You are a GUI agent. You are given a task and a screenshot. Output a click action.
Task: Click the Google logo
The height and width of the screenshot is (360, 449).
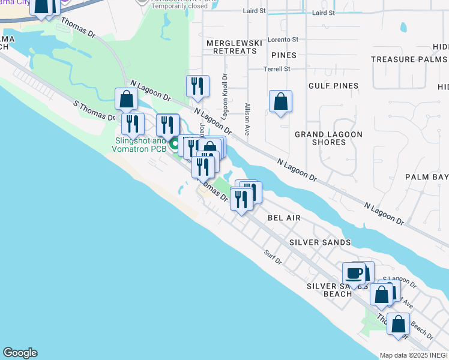[x=20, y=353]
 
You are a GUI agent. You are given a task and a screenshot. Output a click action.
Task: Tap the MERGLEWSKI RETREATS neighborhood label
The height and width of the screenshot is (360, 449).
[x=232, y=47]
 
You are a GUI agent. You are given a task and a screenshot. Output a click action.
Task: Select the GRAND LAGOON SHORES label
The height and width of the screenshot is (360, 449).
[x=329, y=138]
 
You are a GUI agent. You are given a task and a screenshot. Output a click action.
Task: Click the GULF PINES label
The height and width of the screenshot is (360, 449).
[x=333, y=86]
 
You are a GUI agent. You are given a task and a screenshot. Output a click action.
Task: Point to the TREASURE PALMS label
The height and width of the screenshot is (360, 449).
[x=409, y=59]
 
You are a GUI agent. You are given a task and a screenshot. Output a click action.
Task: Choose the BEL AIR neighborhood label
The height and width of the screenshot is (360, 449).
[x=283, y=218]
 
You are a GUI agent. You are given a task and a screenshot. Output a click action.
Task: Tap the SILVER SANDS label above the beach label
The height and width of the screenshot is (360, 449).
[x=319, y=242]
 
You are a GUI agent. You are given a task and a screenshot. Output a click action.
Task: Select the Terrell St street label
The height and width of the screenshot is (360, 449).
[x=277, y=69]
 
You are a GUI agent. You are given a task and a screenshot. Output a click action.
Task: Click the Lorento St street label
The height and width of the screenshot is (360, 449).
[x=283, y=40]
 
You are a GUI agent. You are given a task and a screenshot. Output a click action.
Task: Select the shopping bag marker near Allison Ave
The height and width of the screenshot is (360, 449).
[x=280, y=102]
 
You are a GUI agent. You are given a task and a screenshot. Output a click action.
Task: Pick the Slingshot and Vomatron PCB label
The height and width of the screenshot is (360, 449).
[x=140, y=145]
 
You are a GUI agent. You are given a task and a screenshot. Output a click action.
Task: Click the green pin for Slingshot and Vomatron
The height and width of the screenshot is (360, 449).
[x=175, y=144]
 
